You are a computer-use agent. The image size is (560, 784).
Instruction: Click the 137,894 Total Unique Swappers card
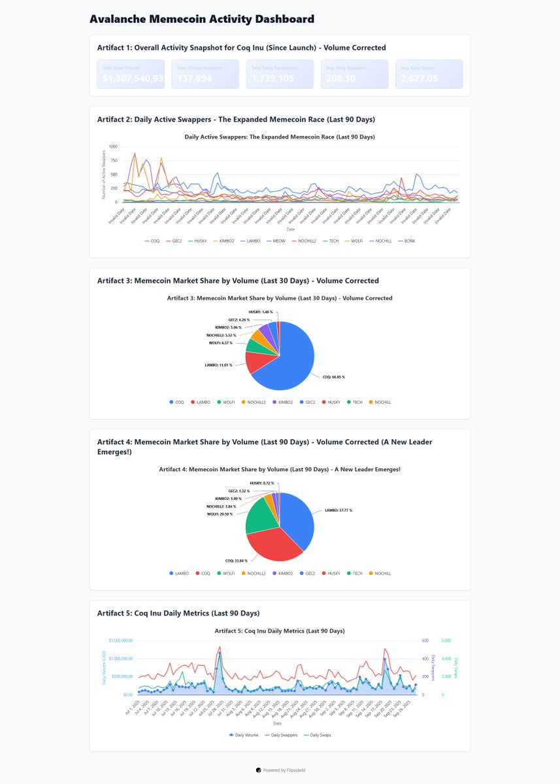[205, 74]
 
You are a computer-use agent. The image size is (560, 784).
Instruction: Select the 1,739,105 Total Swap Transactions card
[280, 74]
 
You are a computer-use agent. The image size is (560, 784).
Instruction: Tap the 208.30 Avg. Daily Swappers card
[354, 74]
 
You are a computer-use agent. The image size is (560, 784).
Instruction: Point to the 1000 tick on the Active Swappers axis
[113, 146]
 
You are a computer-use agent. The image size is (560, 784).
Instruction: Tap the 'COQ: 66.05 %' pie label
[334, 377]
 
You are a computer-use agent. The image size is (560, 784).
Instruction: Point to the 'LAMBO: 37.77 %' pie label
[338, 510]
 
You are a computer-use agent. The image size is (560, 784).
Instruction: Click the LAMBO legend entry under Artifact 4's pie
[179, 573]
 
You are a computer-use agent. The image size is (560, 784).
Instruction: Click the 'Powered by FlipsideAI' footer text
[281, 770]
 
